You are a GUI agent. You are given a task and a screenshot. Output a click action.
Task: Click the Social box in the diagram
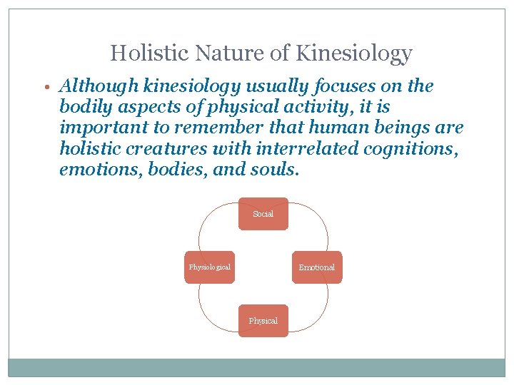coord(263,214)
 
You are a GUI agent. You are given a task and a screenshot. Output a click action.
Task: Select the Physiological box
coord(210,267)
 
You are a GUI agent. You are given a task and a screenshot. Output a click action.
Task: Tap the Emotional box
coord(316,267)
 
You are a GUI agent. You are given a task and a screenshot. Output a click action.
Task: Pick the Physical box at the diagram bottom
coord(263,321)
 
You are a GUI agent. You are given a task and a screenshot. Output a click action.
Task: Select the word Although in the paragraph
coord(99,87)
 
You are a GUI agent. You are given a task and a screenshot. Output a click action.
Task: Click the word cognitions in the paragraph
coord(398,150)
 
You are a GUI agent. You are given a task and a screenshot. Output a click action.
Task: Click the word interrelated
coord(307,150)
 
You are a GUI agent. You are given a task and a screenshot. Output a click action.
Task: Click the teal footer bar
coord(257,366)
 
